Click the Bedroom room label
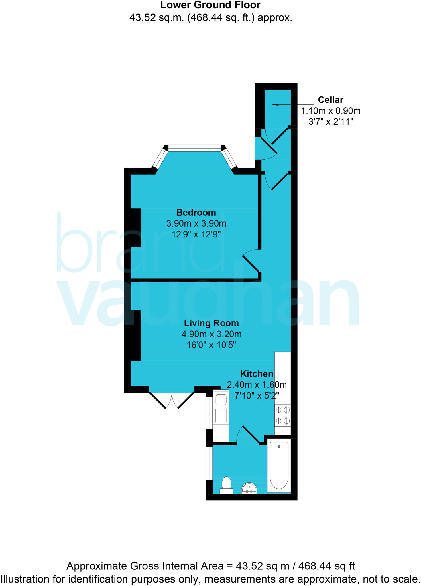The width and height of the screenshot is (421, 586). pyautogui.click(x=196, y=213)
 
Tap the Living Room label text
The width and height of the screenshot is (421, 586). pyautogui.click(x=211, y=323)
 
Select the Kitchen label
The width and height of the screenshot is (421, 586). pyautogui.click(x=256, y=374)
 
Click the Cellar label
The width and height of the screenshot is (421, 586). pyautogui.click(x=330, y=100)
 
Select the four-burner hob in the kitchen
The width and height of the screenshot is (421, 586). pyautogui.click(x=282, y=415)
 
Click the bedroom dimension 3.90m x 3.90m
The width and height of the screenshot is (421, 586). pyautogui.click(x=196, y=223)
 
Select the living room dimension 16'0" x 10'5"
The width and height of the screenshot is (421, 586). pyautogui.click(x=211, y=345)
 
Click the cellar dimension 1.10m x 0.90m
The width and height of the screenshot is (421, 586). pyautogui.click(x=330, y=111)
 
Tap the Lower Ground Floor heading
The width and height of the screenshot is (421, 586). pyautogui.click(x=210, y=5)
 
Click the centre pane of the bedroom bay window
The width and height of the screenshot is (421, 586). pyautogui.click(x=194, y=148)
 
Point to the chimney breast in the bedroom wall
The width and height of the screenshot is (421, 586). pyautogui.click(x=136, y=227)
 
